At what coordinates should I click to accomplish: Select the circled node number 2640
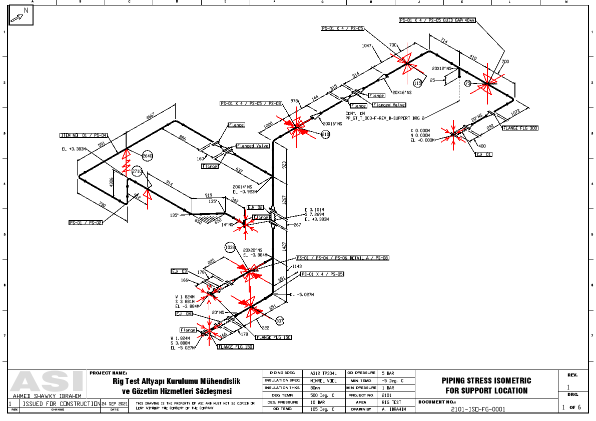(148, 156)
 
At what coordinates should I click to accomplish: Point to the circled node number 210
(326, 134)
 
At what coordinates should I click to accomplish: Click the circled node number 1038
(230, 247)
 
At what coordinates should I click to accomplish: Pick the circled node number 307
(279, 320)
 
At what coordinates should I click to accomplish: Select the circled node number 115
(418, 83)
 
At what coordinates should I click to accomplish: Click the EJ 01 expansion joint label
(484, 154)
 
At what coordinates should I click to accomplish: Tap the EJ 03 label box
(179, 271)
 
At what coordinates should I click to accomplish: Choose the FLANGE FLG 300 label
(520, 128)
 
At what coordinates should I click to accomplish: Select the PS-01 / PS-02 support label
(86, 222)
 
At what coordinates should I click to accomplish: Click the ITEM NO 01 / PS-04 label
(83, 135)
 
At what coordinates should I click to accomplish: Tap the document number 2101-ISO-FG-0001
(479, 409)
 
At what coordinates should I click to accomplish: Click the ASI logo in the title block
(48, 382)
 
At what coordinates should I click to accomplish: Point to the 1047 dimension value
(368, 45)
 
